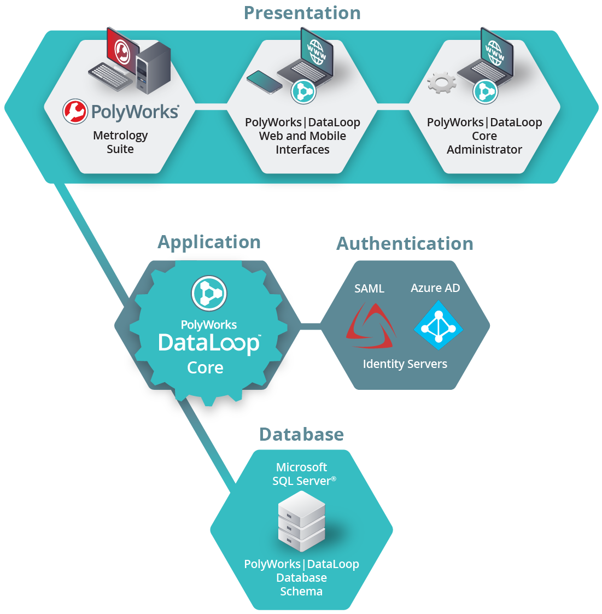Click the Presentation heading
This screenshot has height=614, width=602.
302,13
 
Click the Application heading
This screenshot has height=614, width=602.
209,242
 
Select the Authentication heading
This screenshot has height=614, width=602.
405,244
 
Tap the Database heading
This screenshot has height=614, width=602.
301,435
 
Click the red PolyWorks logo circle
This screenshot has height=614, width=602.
75,111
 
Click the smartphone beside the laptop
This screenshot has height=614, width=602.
264,81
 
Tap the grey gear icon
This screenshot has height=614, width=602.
441,83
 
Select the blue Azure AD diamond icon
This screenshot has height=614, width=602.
439,326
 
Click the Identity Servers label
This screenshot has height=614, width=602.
405,364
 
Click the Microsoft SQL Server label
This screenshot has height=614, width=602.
302,474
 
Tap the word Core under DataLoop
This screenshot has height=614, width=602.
205,368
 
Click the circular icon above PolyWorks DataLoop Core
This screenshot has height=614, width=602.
209,293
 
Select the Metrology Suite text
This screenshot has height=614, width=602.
120,142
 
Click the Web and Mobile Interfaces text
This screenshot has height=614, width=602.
302,143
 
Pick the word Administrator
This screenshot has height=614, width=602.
484,150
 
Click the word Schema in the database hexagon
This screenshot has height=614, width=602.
301,592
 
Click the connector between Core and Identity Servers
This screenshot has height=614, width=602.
310,326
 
